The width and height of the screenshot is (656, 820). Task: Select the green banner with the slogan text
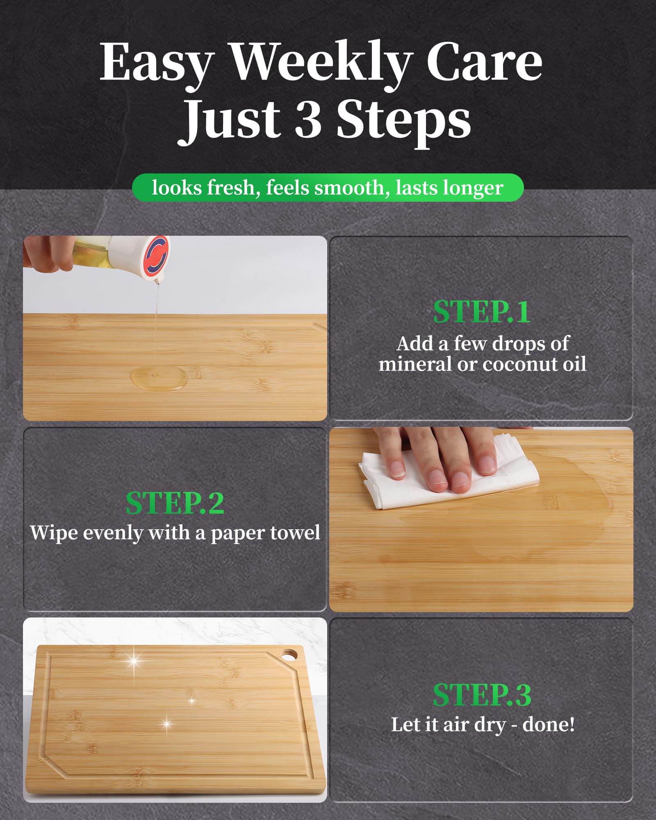328,188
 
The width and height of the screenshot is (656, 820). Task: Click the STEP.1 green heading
482,312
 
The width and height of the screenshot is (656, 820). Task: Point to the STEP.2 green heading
175,503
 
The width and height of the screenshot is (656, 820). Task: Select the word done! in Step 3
549,724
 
